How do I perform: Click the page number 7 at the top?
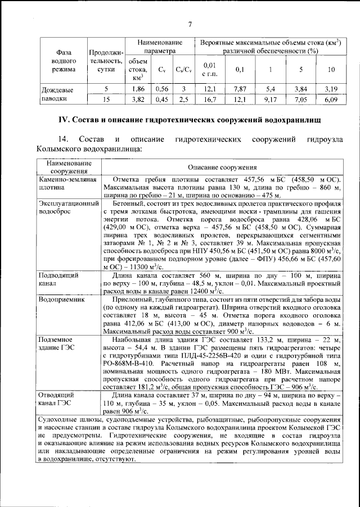pyautogui.click(x=190, y=24)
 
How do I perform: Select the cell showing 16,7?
pyautogui.click(x=209, y=99)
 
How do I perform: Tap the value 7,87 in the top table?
pyautogui.click(x=240, y=89)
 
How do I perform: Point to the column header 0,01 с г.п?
pyautogui.click(x=209, y=69)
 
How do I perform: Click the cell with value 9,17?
pyautogui.click(x=271, y=99)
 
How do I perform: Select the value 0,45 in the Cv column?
pyautogui.click(x=162, y=99)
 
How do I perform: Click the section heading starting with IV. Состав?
pyautogui.click(x=190, y=120)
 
